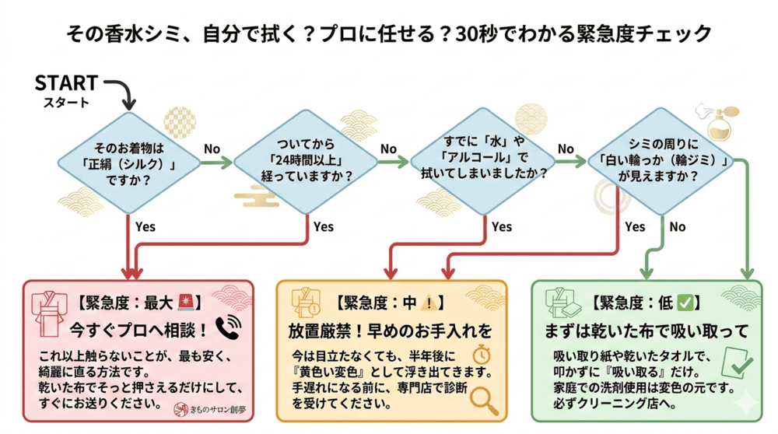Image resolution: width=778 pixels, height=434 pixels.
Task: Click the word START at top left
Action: pos(66,82)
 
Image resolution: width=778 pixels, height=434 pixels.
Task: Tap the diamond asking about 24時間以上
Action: pos(306,162)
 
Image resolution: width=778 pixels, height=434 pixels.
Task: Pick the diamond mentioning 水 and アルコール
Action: pos(483,162)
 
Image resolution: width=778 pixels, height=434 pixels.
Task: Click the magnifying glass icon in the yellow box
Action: pos(485,400)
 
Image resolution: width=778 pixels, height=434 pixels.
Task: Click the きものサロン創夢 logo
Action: pos(207,408)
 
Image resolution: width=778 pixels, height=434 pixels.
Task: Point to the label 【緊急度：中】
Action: pos(389,302)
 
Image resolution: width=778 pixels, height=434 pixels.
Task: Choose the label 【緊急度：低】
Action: pos(642,302)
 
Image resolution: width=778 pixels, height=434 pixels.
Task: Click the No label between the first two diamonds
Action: pos(212,149)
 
